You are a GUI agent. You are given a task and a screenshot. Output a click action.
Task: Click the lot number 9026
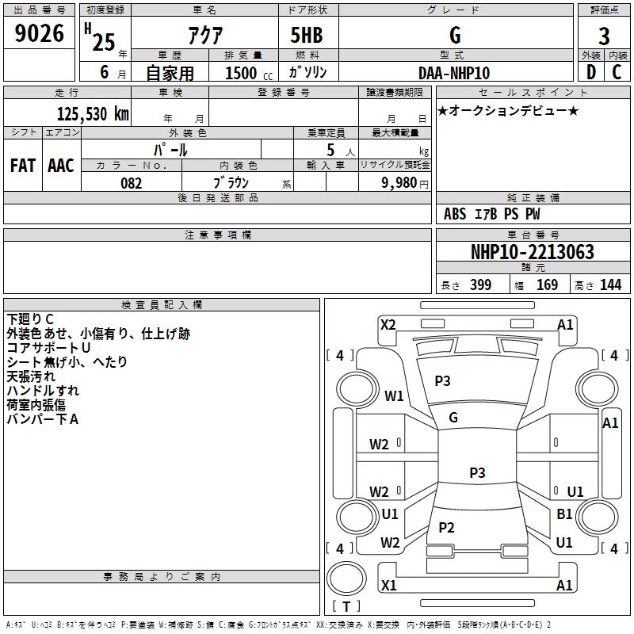click(x=40, y=37)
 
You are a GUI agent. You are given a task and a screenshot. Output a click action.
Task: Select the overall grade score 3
click(x=604, y=37)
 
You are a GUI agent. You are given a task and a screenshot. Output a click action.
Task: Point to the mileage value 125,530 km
click(x=93, y=114)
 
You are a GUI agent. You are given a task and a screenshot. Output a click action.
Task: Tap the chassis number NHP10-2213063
click(x=532, y=252)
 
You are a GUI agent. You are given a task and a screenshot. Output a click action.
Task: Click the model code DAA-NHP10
click(x=454, y=72)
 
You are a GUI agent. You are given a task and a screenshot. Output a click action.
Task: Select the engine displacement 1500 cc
click(x=243, y=73)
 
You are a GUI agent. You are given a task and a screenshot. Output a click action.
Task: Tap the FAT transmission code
click(x=23, y=166)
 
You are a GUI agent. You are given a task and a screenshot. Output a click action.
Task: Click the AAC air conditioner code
click(x=60, y=166)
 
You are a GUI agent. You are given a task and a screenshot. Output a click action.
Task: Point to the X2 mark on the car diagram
click(x=388, y=324)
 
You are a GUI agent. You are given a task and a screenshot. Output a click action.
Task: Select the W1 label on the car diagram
click(x=394, y=395)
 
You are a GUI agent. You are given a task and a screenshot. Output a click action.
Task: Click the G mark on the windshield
click(x=453, y=418)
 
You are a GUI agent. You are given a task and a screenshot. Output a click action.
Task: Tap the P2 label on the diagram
click(x=446, y=528)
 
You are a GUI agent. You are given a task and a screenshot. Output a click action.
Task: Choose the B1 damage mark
click(x=564, y=514)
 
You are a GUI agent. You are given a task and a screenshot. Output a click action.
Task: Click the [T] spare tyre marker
click(x=346, y=607)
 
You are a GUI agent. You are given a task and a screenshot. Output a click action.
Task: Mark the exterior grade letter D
click(x=590, y=72)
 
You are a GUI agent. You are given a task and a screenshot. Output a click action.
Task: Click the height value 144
click(x=610, y=285)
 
